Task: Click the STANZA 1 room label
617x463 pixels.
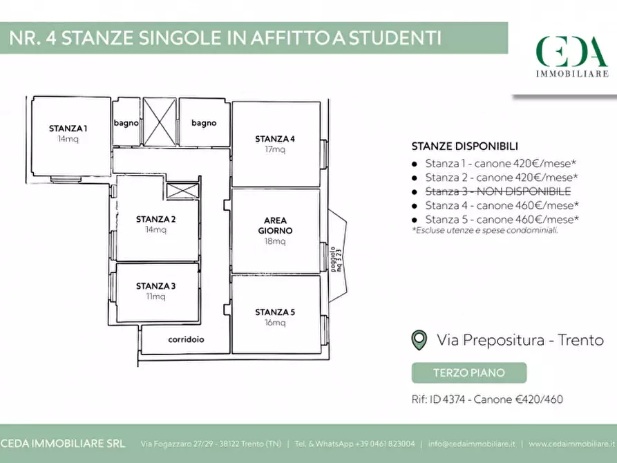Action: [x=68, y=128]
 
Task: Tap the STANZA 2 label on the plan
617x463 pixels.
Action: [x=155, y=220]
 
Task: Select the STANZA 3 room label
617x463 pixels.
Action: [x=155, y=286]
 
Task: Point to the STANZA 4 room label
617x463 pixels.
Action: [x=275, y=139]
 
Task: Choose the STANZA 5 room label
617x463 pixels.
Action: [x=275, y=312]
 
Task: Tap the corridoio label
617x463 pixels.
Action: [x=187, y=340]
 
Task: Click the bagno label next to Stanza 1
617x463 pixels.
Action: [x=126, y=123]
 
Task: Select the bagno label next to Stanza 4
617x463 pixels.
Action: [x=204, y=123]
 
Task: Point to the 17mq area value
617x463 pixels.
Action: [x=275, y=149]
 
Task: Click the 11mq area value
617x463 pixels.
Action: [x=155, y=296]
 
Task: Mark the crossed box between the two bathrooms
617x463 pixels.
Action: [x=160, y=122]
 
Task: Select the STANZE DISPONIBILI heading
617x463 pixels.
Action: [x=464, y=146]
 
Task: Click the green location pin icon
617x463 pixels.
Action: [x=419, y=340]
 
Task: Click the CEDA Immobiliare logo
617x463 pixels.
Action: [x=572, y=56]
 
